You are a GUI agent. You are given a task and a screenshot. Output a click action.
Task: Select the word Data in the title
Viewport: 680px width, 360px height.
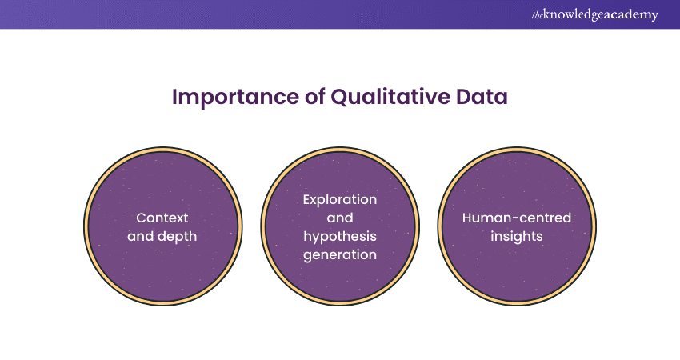pyautogui.click(x=482, y=97)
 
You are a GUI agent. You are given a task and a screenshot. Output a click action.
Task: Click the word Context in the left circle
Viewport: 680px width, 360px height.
pyautogui.click(x=162, y=217)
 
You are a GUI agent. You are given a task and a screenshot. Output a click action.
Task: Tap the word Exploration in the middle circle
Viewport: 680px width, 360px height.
pyautogui.click(x=340, y=199)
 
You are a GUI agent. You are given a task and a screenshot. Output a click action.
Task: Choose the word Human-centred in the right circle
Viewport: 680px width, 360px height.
pyautogui.click(x=517, y=217)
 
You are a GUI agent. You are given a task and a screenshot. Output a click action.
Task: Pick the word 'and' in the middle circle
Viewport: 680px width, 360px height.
pyautogui.click(x=340, y=217)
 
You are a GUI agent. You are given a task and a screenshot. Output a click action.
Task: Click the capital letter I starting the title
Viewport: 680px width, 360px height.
pyautogui.click(x=175, y=97)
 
